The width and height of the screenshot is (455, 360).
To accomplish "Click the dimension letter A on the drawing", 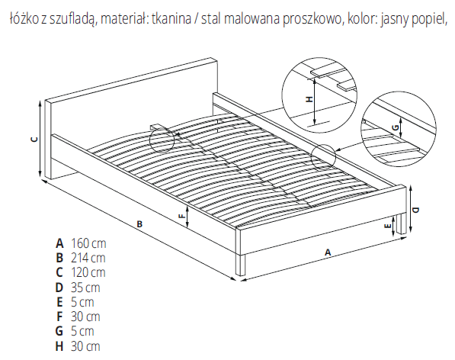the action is coord(328,252).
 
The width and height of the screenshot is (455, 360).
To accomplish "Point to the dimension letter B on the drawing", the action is coord(139,224).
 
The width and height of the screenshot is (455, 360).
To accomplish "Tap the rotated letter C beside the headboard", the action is coord(34,140).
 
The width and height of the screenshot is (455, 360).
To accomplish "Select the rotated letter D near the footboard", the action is coord(415,210).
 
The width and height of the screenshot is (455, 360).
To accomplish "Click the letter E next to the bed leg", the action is coord(389,227).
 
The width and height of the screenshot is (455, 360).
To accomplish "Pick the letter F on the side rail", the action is coord(181,216).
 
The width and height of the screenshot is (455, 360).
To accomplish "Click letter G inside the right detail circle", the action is coord(395,127).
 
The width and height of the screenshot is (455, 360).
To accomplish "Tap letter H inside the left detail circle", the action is coord(309,99).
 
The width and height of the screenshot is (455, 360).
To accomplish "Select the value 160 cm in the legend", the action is coord(88,243).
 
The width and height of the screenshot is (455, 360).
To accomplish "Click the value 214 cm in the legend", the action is coord(88,258).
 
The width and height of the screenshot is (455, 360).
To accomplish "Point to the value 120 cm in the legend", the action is coord(88,272).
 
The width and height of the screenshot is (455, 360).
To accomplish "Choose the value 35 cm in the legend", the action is coord(85,288).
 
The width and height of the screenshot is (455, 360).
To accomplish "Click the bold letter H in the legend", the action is coord(59,346).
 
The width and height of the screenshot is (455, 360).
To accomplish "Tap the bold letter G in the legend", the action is coord(59,331).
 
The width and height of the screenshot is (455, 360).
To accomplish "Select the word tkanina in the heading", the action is coord(171,19).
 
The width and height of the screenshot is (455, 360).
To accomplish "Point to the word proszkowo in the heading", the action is coord(312,20).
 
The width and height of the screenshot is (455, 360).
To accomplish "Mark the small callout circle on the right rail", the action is coord(323,157).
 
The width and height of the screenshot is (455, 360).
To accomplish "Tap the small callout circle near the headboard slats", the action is coord(162,140).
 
